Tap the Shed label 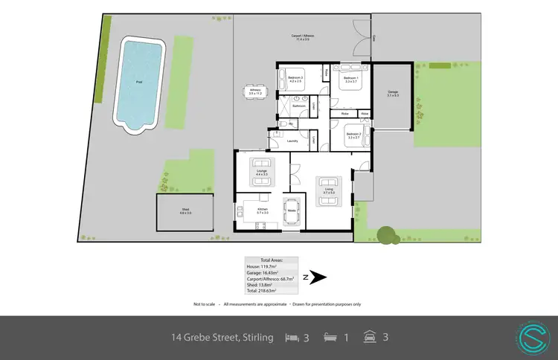tap(185, 211)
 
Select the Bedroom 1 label tap(351, 79)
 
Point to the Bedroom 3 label tap(295, 78)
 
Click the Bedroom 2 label tap(353, 135)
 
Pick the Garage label tap(393, 94)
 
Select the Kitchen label tap(262, 210)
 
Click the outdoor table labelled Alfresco tap(254, 92)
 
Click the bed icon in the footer tap(292, 337)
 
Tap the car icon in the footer tap(370, 337)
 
